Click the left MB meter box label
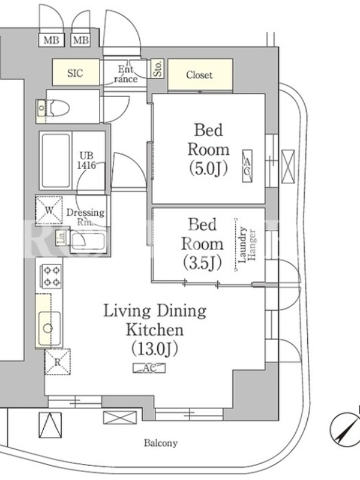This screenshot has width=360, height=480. pyautogui.click(x=52, y=40)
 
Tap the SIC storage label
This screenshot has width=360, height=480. pyautogui.click(x=75, y=73)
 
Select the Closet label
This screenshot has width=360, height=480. pyautogui.click(x=199, y=74)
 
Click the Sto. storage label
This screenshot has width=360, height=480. pyautogui.click(x=158, y=68)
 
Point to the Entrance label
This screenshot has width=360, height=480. pyautogui.click(x=126, y=74)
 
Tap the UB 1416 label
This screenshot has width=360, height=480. pyautogui.click(x=86, y=160)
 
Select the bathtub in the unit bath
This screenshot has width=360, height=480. pyautogui.click(x=56, y=160)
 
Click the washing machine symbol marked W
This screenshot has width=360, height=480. pyautogui.click(x=49, y=211)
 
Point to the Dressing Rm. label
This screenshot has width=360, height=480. pyautogui.click(x=85, y=217)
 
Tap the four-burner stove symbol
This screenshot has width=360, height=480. pyautogui.click(x=51, y=277)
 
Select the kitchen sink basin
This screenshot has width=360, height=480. pyautogui.click(x=49, y=328)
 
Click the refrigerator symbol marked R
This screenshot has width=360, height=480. pyautogui.click(x=58, y=362)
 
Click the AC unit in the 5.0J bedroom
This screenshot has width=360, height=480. pyautogui.click(x=247, y=166)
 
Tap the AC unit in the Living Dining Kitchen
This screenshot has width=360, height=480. pyautogui.click(x=149, y=368)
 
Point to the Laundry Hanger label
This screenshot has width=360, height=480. pyautogui.click(x=247, y=245)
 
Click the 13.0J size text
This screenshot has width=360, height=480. pyautogui.click(x=155, y=349)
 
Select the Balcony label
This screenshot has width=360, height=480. pyautogui.click(x=161, y=443)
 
